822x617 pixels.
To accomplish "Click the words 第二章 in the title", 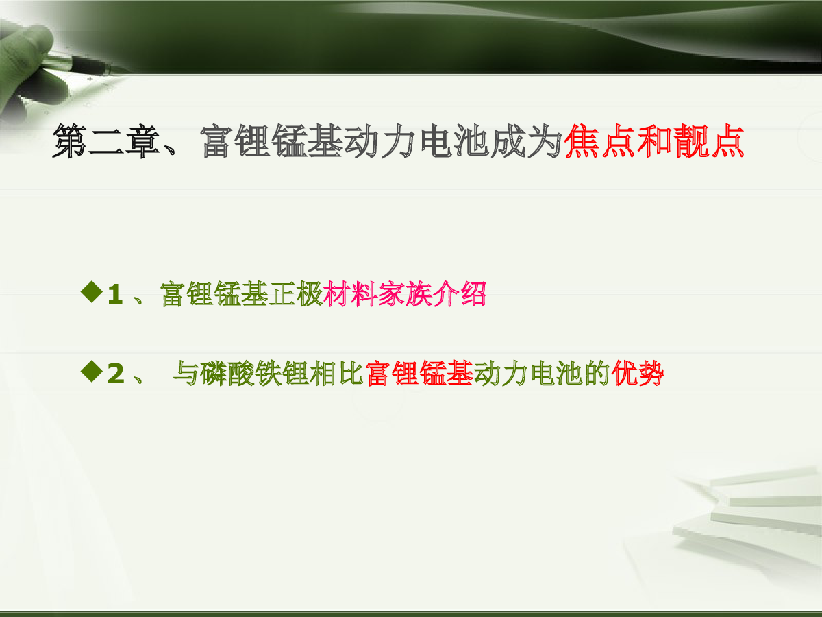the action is [107, 141].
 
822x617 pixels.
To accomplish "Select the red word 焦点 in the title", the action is [600, 141].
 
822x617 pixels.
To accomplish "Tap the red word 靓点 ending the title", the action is [708, 141].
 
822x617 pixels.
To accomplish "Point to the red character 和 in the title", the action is [655, 141].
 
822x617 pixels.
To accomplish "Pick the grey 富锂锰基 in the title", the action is [272, 141].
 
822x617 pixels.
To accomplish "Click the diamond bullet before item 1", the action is [92, 292].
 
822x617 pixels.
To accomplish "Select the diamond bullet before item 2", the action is [92, 372].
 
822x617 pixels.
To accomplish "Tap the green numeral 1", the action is [115, 295].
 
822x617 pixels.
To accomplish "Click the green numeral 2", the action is [116, 374].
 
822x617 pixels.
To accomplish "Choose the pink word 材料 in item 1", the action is [351, 294].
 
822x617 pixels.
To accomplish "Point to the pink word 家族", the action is [406, 294].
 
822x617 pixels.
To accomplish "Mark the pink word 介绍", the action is [460, 294].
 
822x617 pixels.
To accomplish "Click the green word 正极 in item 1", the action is [296, 294].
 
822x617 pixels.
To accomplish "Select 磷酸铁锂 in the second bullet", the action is [255, 374].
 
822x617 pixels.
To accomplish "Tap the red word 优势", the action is [637, 374].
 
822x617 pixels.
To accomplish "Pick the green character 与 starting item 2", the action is [186, 374].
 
